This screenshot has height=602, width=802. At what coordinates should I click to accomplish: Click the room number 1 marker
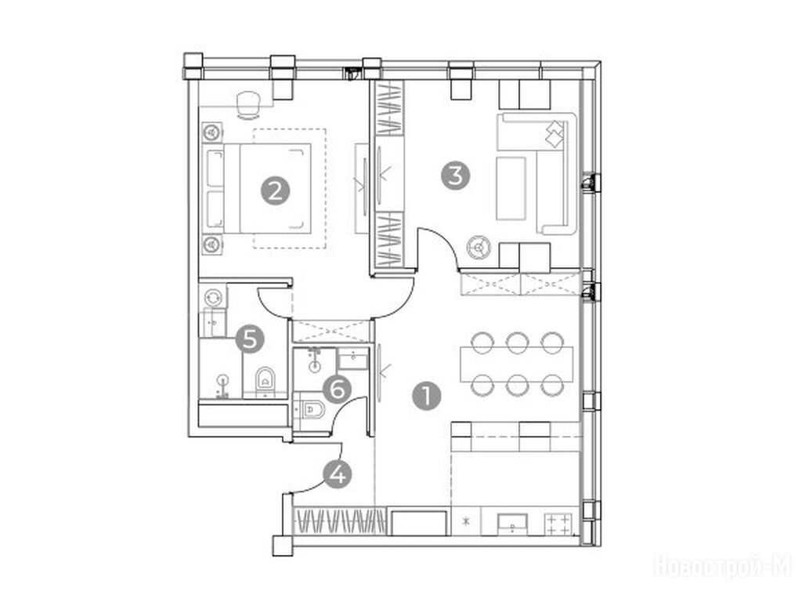426,396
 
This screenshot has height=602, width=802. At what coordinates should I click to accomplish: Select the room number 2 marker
275,191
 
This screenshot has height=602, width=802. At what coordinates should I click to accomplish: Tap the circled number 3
456,176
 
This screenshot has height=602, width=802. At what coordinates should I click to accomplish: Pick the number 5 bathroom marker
250,339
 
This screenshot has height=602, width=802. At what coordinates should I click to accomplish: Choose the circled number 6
338,390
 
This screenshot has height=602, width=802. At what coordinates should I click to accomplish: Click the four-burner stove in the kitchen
558,524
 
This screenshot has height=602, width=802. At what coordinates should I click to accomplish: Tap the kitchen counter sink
512,524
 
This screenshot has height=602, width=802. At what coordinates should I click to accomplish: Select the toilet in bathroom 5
265,382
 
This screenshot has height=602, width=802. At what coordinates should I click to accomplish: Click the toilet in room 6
312,409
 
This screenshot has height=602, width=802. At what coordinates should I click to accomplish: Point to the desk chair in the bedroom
248,104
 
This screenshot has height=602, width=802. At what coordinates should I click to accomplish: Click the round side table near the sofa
479,248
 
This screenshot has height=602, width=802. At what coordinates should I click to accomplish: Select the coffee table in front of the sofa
511,188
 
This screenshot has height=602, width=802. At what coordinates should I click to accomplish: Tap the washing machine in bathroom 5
213,297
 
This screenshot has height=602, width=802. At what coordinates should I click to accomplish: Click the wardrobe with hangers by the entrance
340,521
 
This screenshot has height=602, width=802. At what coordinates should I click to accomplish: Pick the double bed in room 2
258,188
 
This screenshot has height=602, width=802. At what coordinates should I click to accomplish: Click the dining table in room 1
517,364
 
